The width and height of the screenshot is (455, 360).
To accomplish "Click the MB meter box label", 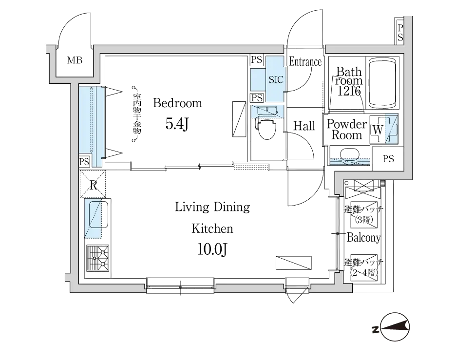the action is point(75,60).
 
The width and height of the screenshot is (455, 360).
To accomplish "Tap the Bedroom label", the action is point(177,103).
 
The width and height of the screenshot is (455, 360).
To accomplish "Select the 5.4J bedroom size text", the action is point(177,124).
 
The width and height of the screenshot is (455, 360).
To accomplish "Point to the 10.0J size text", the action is point(212,249).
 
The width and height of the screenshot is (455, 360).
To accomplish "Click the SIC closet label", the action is point(276,80).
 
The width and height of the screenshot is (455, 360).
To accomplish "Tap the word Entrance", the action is point(305,62).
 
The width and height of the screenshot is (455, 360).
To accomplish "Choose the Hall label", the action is point(304,126).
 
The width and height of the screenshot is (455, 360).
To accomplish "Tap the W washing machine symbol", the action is point(384,130).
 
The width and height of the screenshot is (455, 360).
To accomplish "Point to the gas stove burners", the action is point(98,258).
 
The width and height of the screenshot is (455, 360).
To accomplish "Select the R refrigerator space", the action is point(93,185).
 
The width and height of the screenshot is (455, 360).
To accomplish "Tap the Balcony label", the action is point(363,238).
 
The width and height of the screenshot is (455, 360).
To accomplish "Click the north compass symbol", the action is point(395,327).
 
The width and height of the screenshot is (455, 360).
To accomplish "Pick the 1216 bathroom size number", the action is point(349,91).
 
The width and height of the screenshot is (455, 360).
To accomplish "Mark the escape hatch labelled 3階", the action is point(364,214).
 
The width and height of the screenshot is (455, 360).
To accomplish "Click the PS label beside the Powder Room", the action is point(388,159).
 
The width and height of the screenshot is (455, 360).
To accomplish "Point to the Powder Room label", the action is point(347,130).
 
